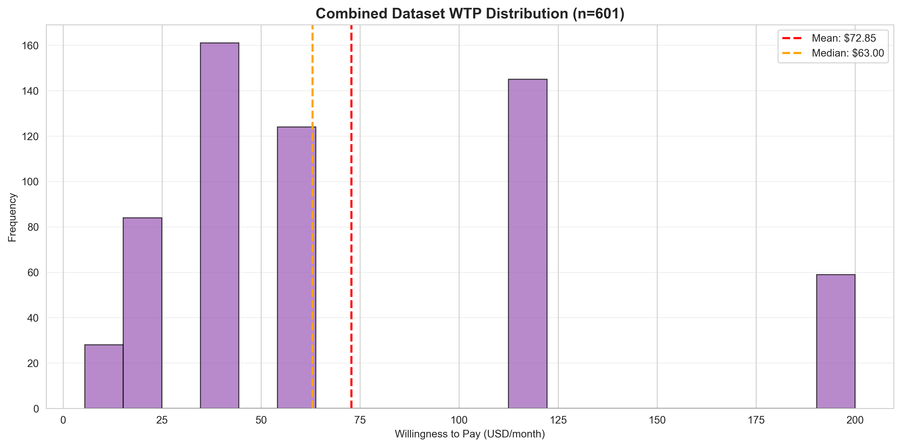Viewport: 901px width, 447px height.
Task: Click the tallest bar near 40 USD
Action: [219, 226]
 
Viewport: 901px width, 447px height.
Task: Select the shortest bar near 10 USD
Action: [104, 376]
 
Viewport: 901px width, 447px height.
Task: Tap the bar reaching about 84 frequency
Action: [142, 313]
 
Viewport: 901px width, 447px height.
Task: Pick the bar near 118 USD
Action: [527, 244]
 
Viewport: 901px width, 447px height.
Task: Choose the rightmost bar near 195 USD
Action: [836, 341]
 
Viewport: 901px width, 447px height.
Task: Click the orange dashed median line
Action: [312, 87]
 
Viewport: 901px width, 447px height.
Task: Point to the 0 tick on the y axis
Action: [36, 409]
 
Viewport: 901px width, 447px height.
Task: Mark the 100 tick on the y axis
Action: [30, 182]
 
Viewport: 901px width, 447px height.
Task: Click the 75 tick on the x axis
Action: [360, 420]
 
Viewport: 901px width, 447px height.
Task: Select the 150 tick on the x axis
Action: [657, 420]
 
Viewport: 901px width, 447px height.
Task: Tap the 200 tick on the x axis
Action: [855, 420]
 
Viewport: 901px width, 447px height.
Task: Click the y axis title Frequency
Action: [12, 217]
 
